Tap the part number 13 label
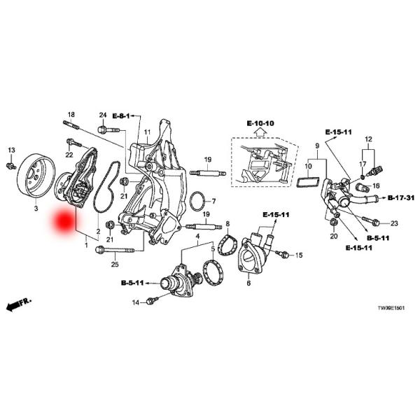11,150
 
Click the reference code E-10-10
260,124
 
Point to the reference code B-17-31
401,199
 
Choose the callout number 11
148,132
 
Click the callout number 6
248,283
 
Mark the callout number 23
393,223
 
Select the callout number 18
71,114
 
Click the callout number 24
102,115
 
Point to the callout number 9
316,146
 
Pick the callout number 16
375,186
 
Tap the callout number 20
333,237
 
